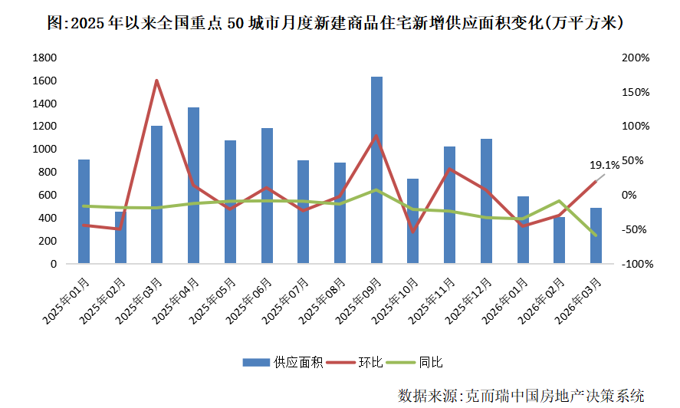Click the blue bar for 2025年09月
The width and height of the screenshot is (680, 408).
[376, 170]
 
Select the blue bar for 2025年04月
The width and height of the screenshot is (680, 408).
[193, 186]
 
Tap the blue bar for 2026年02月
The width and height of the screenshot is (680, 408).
[560, 240]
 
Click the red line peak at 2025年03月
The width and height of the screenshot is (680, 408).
[156, 81]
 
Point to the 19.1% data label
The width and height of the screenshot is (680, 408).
[604, 164]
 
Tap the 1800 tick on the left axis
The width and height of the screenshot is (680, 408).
[45, 58]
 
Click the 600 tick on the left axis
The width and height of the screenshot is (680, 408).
[48, 195]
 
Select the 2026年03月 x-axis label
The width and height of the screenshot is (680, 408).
[583, 295]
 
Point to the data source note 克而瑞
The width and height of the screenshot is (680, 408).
[521, 395]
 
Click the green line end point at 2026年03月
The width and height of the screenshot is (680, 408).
[596, 235]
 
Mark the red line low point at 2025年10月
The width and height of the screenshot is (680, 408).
[413, 231]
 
